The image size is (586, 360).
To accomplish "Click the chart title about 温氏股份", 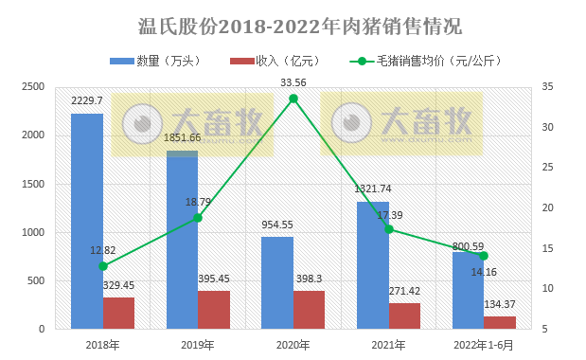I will coord(293,25).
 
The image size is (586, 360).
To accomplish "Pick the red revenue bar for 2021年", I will coord(404,315).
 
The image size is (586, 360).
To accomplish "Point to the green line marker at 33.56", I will coord(293,99).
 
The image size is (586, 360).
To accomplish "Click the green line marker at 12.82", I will coord(103,266).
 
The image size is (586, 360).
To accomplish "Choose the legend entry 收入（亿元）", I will coord(275,62).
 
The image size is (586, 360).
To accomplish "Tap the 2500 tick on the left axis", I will coord(33,87).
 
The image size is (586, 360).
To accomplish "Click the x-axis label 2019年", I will coord(198,345).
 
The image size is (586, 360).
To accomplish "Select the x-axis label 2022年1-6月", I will coord(483,345).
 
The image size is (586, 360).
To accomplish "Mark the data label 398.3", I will coord(310,279).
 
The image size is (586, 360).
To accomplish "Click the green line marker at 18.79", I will coord(198,218).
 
